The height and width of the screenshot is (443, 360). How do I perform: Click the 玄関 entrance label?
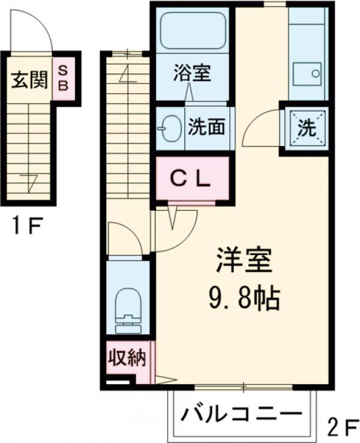coord(28,80)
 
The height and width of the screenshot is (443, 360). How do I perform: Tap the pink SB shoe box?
coord(63,78)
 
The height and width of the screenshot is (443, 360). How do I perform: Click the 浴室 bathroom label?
coord(191,74)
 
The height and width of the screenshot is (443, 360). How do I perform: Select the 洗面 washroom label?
coord(206,127)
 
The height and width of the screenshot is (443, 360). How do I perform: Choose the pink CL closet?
coord(193,178)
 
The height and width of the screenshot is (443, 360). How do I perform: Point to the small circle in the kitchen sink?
coord(316,74)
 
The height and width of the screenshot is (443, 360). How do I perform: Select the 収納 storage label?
coord(127,359)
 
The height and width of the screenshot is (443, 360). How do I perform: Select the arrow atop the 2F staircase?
coord(128,73)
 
